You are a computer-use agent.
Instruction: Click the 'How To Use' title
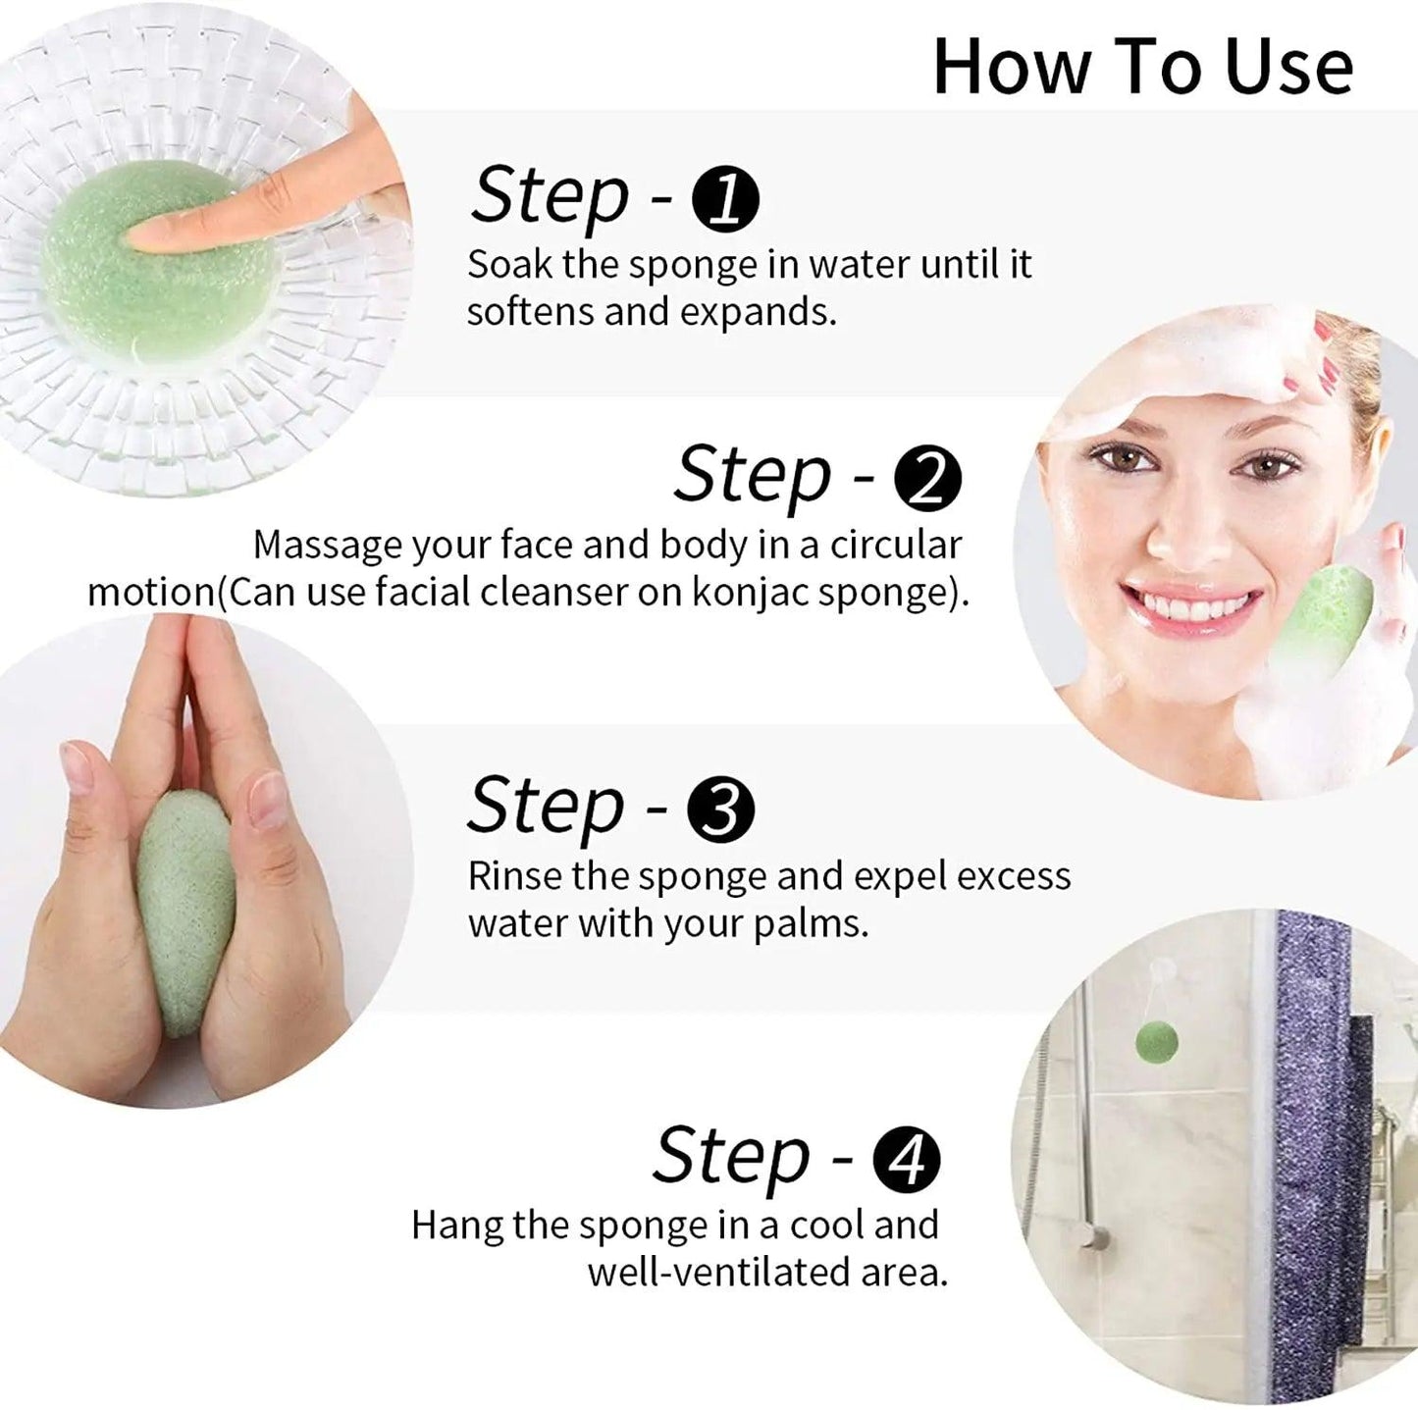pyautogui.click(x=1142, y=67)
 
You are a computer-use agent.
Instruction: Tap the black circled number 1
pyautogui.click(x=725, y=199)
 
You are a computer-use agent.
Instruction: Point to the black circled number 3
pyautogui.click(x=721, y=810)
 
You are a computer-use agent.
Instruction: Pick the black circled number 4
pyautogui.click(x=906, y=1160)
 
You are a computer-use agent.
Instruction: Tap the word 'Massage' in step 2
pyautogui.click(x=326, y=545)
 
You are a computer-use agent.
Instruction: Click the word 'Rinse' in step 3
pyautogui.click(x=515, y=876)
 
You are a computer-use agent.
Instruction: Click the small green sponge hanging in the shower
pyautogui.click(x=1159, y=1041)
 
